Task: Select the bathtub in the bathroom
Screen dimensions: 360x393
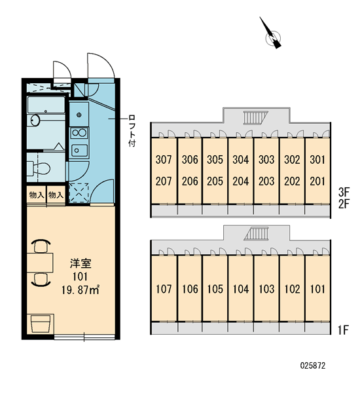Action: [x=46, y=105]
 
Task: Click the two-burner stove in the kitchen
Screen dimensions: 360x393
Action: [x=79, y=133]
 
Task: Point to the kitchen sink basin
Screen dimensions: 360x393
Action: [x=79, y=151]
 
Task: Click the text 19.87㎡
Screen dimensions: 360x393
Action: [x=81, y=290]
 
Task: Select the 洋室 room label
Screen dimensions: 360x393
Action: [x=81, y=263]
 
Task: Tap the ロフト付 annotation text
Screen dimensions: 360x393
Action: [x=132, y=130]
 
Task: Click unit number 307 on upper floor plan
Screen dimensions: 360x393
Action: [x=164, y=160]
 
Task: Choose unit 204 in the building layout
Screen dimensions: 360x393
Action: [x=240, y=181]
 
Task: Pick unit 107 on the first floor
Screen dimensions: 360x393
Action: [x=164, y=290]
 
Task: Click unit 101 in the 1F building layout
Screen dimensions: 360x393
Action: [x=317, y=290]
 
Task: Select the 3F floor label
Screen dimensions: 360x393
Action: [x=344, y=192]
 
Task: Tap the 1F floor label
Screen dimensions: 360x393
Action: [x=343, y=330]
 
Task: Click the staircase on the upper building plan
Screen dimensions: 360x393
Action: [x=256, y=117]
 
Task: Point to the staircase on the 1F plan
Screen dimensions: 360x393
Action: [x=256, y=234]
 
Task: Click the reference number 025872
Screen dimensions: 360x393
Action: [x=313, y=365]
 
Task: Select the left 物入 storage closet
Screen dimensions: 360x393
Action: [x=36, y=195]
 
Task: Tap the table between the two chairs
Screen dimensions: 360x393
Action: [x=40, y=263]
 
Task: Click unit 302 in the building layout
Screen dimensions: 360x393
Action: [x=292, y=160]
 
